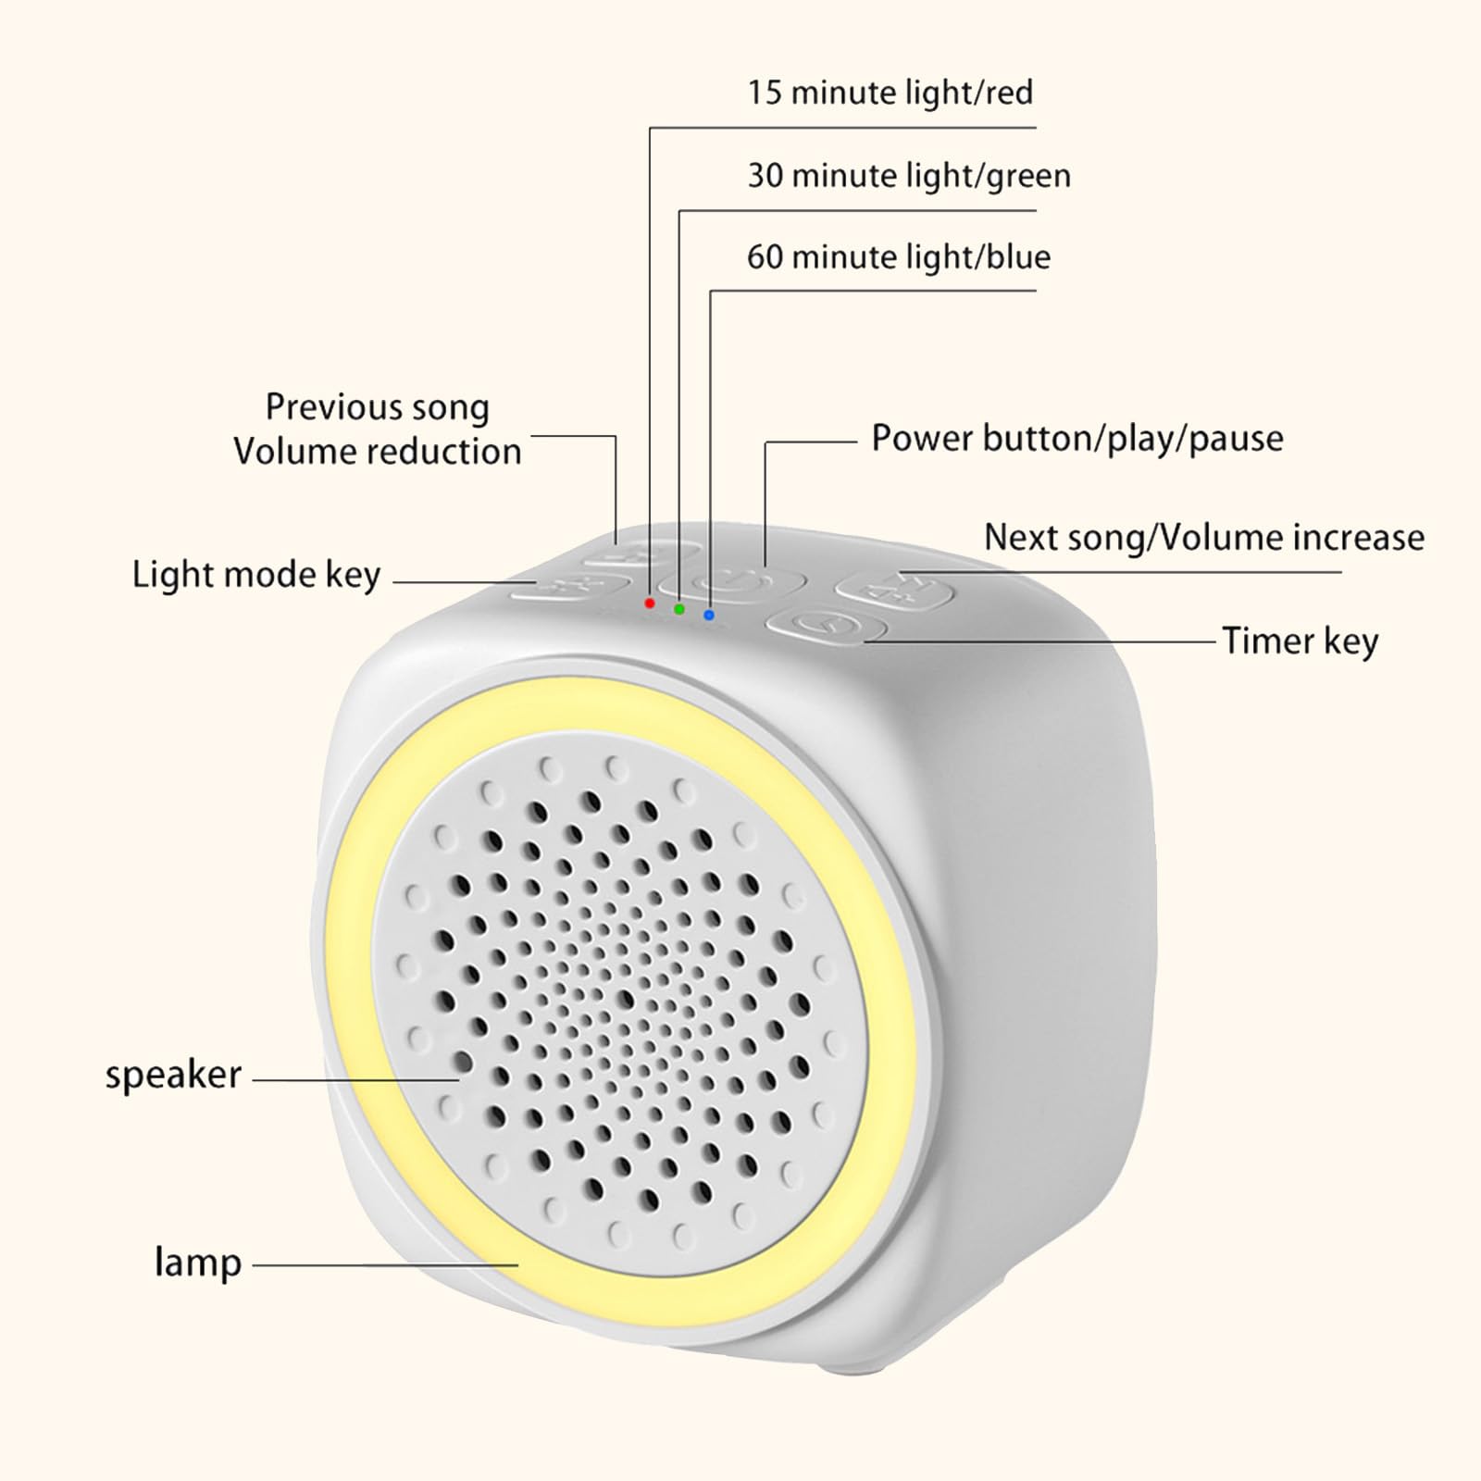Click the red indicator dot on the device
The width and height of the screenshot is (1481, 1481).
(x=650, y=603)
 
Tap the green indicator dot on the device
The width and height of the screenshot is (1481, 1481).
(x=679, y=609)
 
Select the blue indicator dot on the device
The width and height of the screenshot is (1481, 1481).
(x=709, y=615)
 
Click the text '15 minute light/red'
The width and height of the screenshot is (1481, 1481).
(x=890, y=93)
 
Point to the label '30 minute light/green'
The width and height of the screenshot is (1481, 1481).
(x=908, y=175)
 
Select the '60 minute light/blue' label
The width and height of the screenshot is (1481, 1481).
(x=899, y=256)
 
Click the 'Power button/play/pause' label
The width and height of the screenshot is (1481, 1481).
(x=1077, y=439)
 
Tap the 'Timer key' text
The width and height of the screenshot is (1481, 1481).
(x=1301, y=641)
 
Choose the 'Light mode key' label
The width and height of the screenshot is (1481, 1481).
(x=256, y=575)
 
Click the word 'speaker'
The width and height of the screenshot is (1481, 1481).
(x=173, y=1076)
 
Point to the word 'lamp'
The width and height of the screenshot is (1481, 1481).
(x=198, y=1263)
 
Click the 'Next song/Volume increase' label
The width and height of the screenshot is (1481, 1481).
(x=1204, y=537)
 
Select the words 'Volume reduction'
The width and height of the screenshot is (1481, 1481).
(x=378, y=452)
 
